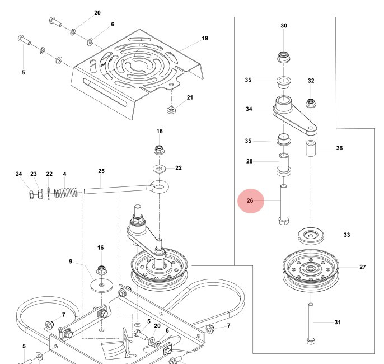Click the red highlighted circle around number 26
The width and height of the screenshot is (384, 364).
tap(250, 200)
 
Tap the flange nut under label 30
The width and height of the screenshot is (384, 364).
tap(284, 57)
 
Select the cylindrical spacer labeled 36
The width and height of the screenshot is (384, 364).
tap(311, 150)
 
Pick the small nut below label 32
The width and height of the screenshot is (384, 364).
tap(310, 102)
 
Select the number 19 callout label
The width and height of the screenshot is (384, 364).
tap(204, 39)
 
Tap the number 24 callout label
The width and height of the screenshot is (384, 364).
tap(18, 174)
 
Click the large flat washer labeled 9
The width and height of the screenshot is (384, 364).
tap(102, 285)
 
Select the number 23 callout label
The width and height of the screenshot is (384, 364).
tap(34, 174)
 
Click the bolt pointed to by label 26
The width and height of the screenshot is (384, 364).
tap(283, 203)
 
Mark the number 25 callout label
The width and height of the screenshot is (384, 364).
tap(101, 171)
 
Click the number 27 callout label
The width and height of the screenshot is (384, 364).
tap(362, 267)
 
